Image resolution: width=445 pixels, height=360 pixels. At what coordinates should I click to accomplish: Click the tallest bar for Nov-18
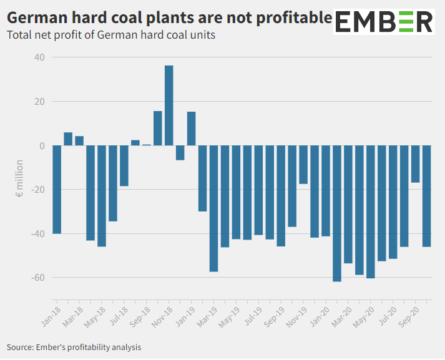[169, 105]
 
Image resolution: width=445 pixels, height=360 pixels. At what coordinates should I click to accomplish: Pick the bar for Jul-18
[124, 166]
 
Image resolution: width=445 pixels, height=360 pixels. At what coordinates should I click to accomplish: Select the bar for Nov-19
[303, 165]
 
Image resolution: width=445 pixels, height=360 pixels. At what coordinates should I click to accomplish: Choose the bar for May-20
[371, 212]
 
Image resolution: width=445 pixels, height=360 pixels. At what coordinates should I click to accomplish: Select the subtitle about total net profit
[111, 35]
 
